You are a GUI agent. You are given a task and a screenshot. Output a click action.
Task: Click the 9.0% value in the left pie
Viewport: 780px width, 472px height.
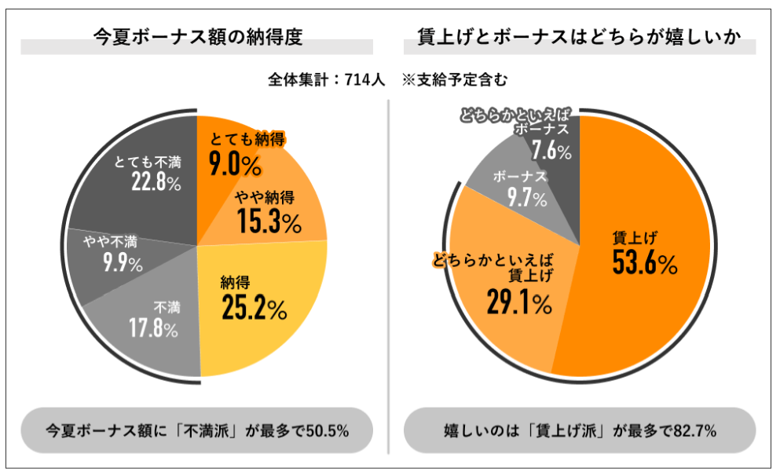235,165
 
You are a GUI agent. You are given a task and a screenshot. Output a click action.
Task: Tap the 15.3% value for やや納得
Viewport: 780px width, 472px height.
269,222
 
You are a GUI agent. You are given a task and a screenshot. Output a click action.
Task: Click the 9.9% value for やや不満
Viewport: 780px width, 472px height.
122,263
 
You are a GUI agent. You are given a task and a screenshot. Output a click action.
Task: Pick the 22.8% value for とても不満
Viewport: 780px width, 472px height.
156,182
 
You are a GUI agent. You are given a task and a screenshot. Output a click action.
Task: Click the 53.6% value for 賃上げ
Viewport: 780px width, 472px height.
644,264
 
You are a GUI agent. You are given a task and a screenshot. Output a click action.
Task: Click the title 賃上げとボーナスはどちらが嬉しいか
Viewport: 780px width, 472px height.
579,36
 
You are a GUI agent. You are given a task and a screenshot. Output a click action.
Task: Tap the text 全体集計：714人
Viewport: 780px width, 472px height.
325,79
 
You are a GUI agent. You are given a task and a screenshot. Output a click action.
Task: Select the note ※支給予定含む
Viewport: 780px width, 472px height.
455,79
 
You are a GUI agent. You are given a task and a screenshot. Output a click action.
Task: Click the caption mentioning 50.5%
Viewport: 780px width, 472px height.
197,430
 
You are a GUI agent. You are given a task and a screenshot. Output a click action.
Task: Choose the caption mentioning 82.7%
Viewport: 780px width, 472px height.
579,430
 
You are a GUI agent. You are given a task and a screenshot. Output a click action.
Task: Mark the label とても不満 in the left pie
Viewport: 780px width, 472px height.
148,162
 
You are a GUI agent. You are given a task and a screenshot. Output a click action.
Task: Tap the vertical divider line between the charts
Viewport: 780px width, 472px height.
389,275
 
